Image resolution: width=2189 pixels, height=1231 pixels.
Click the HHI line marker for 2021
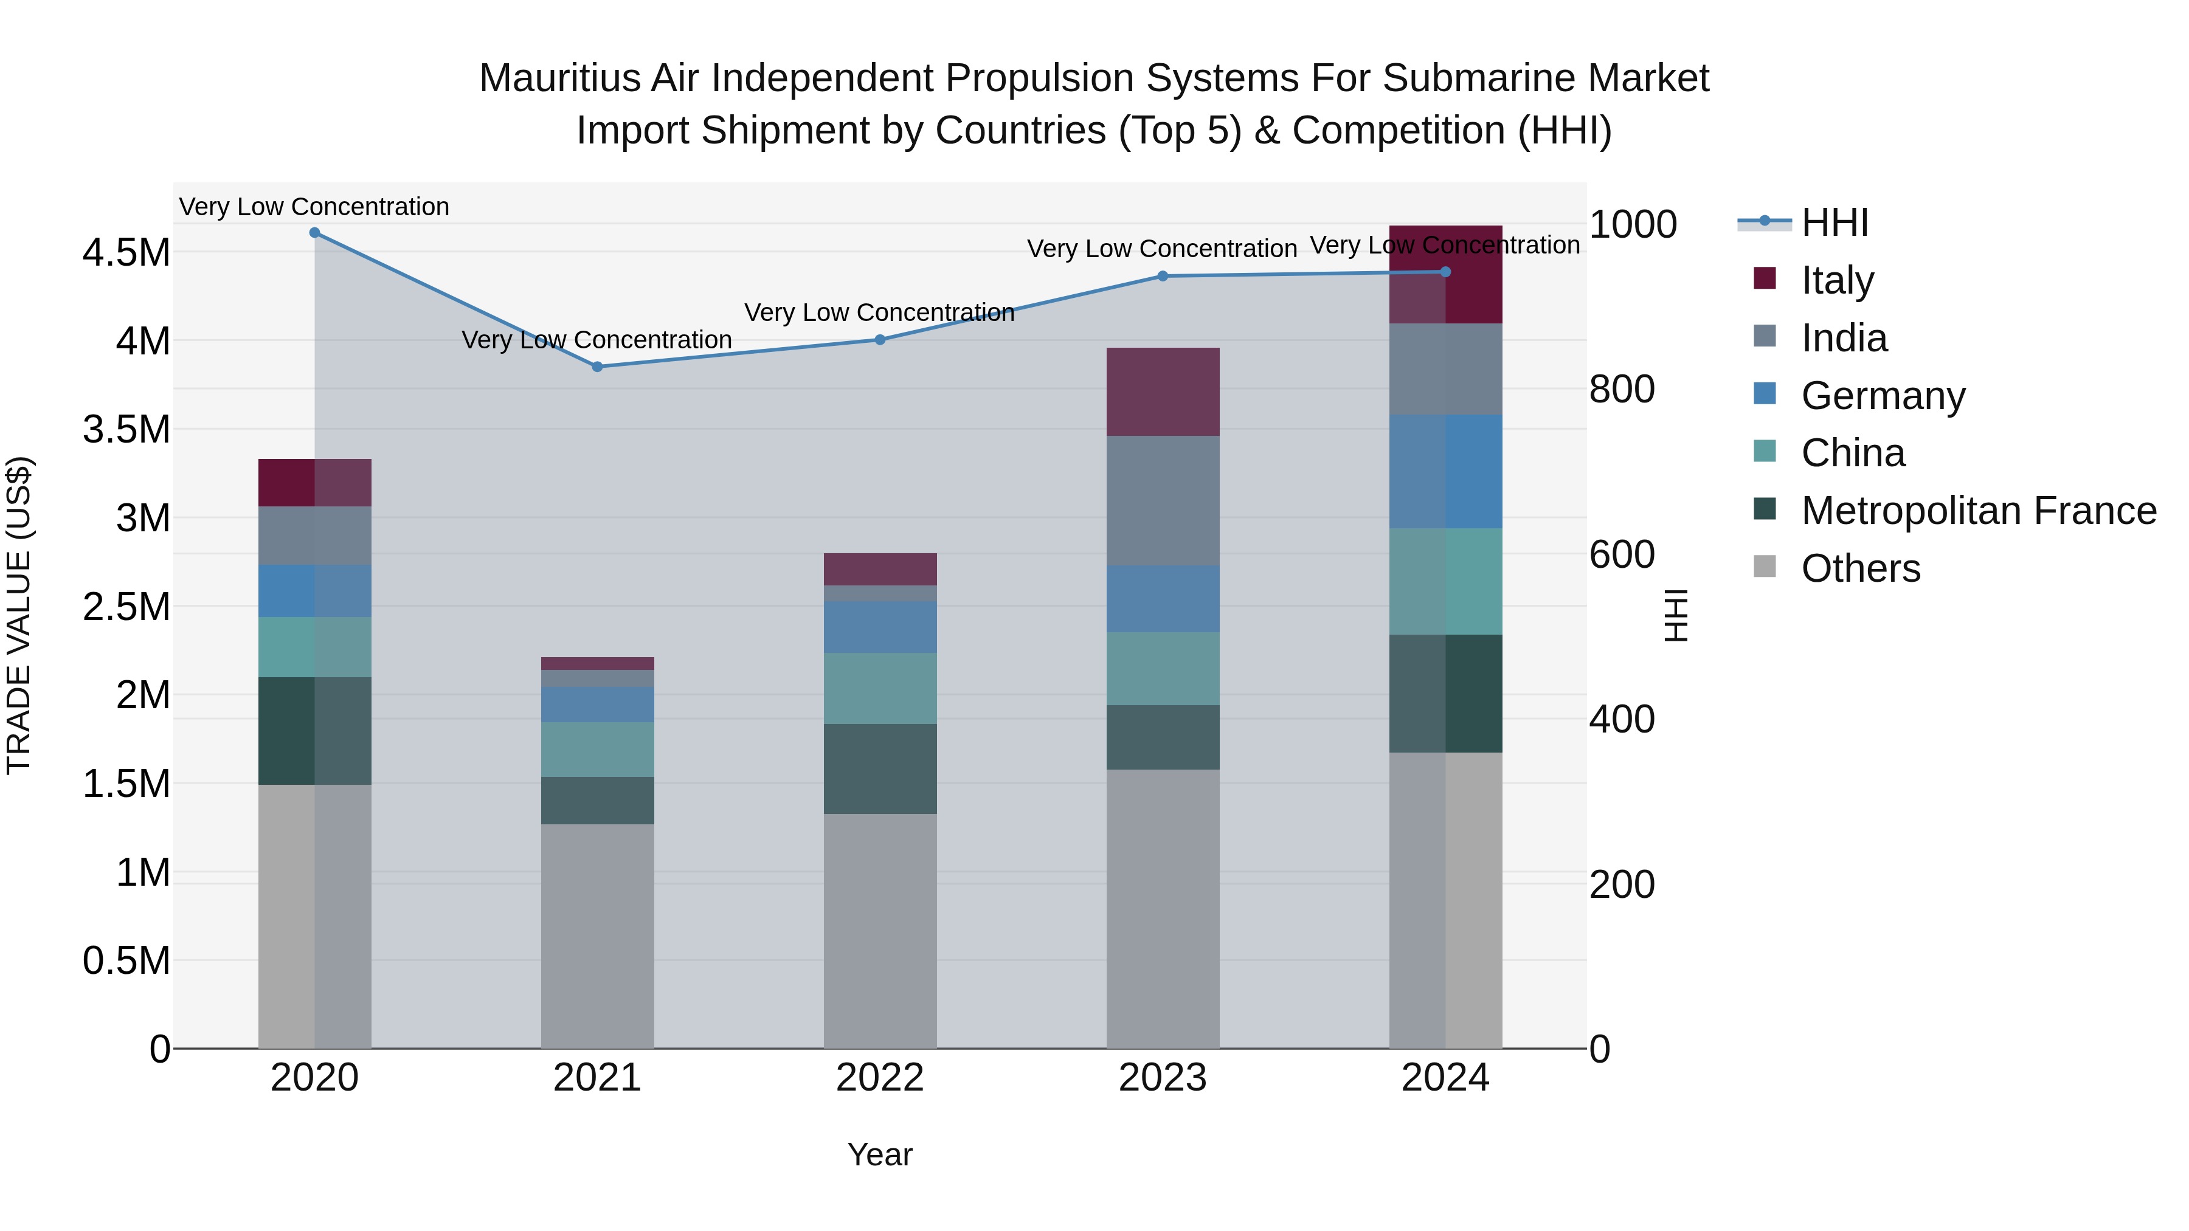pos(597,366)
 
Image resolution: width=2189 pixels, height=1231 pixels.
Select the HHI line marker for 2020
pos(314,232)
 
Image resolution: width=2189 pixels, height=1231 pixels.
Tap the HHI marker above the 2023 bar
pos(1163,275)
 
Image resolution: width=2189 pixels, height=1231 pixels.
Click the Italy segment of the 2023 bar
pos(1163,391)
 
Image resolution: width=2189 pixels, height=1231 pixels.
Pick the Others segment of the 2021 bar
pos(597,934)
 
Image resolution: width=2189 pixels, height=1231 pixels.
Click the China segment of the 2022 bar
pos(879,688)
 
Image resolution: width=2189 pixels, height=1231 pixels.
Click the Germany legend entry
pos(1882,395)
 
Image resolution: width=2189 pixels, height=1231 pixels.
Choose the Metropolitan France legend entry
pos(1977,511)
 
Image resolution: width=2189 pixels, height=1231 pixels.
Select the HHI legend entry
pos(1834,222)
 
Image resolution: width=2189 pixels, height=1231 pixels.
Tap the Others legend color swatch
pos(1764,567)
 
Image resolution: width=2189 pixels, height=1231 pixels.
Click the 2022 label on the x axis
pos(879,1078)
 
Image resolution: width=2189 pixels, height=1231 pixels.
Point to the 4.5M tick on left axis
pos(126,252)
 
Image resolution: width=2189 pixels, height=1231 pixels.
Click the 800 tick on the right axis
pos(1621,389)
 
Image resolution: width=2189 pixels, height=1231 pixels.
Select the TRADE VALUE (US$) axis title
pos(19,615)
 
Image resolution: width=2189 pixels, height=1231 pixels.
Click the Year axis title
pos(879,1154)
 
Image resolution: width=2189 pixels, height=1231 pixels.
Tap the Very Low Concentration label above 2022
pos(879,312)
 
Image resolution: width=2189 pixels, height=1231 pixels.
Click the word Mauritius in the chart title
pos(559,78)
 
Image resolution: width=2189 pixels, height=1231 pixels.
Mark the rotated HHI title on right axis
pos(1675,615)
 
